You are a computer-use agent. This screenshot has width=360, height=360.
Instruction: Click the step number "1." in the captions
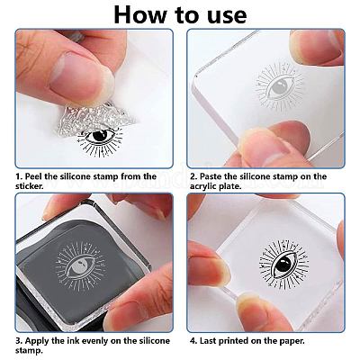point(19,176)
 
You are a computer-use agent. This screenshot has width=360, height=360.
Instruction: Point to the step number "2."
point(193,176)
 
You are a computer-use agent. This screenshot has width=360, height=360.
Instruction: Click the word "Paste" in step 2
point(214,176)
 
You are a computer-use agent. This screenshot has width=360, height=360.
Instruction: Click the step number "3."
point(19,342)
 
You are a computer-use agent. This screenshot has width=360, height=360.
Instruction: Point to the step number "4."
point(193,342)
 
